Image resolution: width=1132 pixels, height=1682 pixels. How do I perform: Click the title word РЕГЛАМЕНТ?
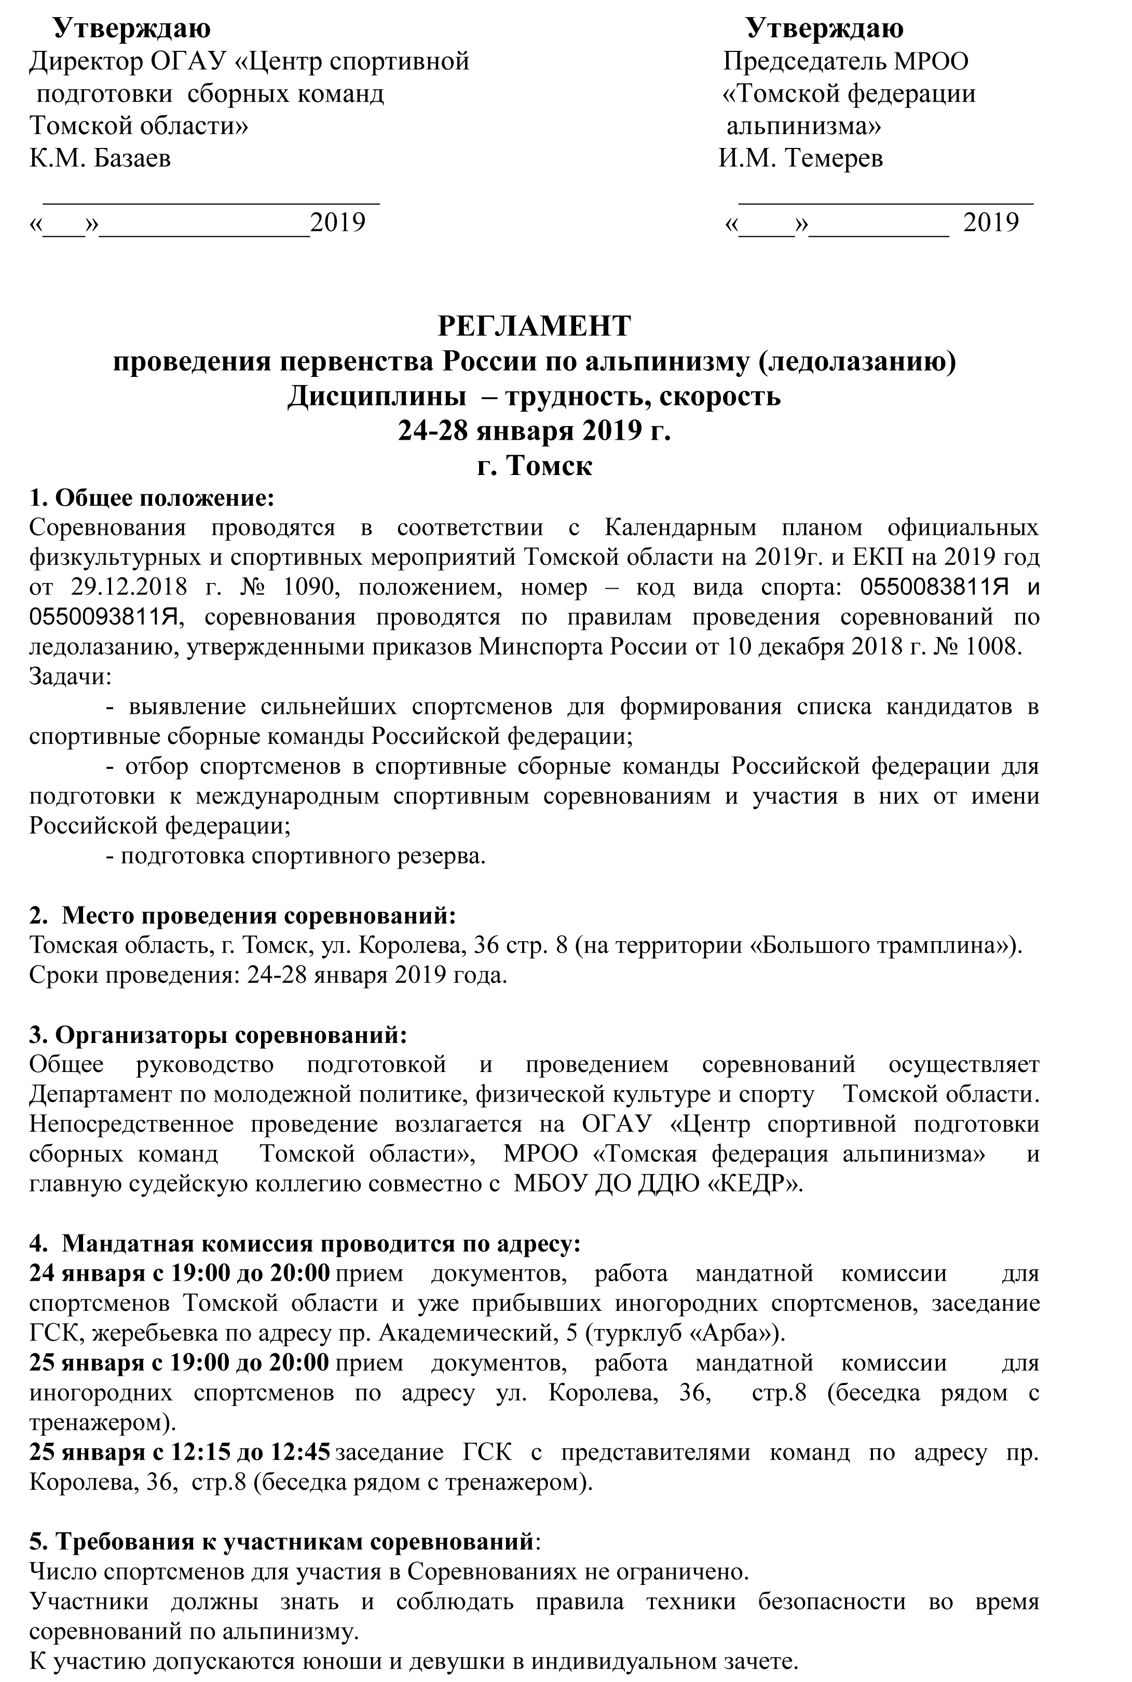pos(534,327)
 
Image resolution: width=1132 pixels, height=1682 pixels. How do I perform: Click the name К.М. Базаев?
pos(100,158)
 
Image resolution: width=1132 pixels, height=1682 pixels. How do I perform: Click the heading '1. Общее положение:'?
pos(152,497)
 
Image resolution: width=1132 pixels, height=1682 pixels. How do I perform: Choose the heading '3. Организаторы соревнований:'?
pos(218,1035)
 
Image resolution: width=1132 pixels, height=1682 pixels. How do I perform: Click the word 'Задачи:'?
pos(70,676)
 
